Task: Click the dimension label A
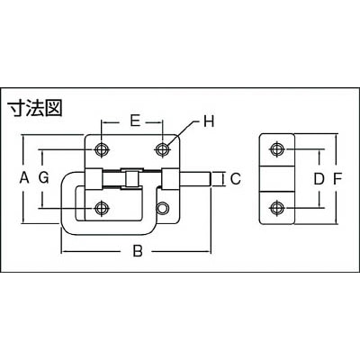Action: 24,179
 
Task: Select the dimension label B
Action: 137,251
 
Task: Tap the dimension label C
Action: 236,179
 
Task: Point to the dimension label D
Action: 319,179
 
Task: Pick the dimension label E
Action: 135,121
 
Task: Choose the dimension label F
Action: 337,179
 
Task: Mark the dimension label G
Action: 44,179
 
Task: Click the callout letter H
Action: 209,121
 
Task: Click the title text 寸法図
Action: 35,108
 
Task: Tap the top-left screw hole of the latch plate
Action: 102,149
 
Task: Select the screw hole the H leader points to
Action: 162,149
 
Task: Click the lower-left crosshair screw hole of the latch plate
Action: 102,208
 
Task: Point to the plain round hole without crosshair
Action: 162,208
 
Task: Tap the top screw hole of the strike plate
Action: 276,149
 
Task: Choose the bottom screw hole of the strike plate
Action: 276,208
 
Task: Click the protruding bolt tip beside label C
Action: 195,179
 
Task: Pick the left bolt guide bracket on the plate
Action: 93,179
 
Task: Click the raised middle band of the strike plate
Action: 276,178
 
